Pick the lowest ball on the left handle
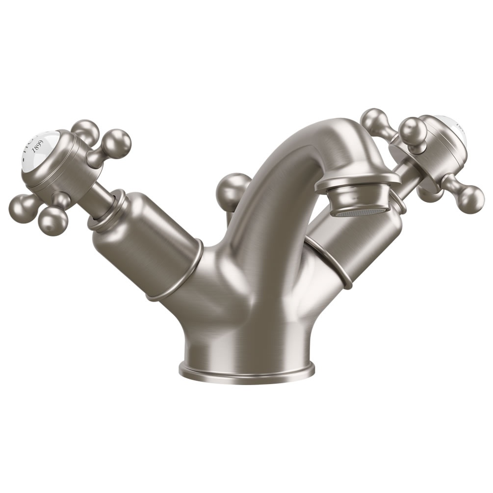52,223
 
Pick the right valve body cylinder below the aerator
358,245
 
